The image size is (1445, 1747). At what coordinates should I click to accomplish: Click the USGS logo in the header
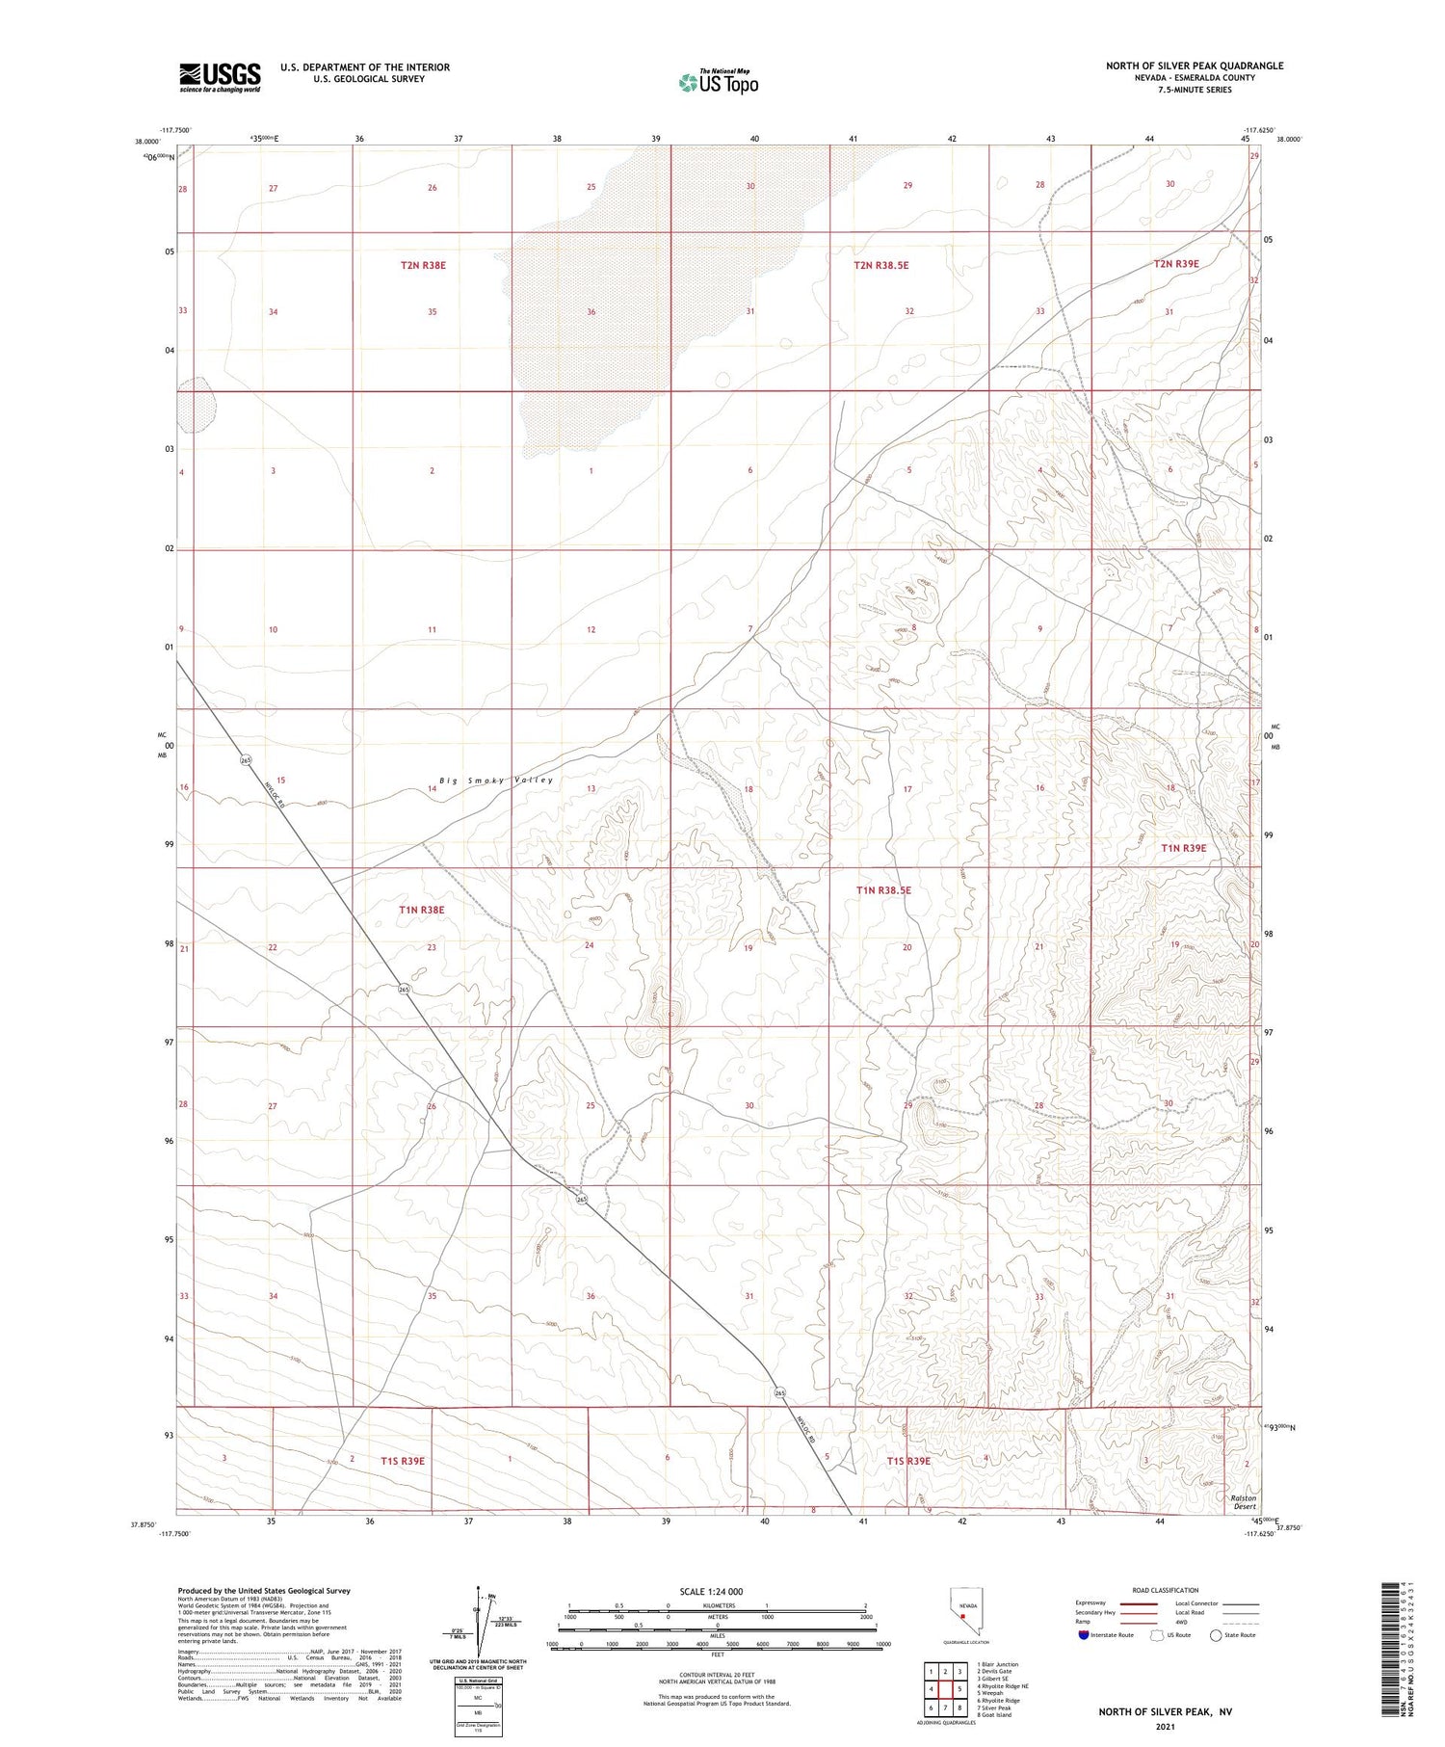click(x=220, y=77)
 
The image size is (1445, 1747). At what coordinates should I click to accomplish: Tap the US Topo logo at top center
click(x=719, y=83)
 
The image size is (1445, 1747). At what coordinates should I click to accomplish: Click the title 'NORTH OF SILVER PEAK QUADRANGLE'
click(x=1194, y=66)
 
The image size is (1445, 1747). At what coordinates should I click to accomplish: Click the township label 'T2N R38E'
click(x=423, y=265)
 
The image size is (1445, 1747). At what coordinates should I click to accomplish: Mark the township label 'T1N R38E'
click(x=422, y=909)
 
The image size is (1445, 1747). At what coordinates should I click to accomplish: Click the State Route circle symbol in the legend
click(x=1216, y=1635)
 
